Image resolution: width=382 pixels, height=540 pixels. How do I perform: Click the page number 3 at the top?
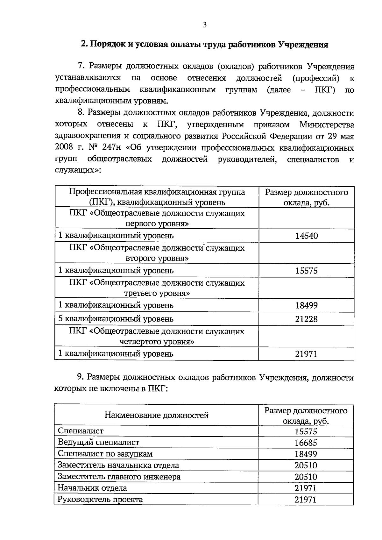pyautogui.click(x=205, y=25)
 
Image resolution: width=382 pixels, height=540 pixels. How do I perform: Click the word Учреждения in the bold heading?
pyautogui.click(x=303, y=45)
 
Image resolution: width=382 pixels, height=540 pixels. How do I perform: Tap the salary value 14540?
pyautogui.click(x=306, y=236)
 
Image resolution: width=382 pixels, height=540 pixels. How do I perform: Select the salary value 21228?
pyautogui.click(x=306, y=319)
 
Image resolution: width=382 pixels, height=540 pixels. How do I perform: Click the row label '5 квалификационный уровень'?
pyautogui.click(x=116, y=319)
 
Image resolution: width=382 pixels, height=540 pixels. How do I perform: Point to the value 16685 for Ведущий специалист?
pyautogui.click(x=306, y=443)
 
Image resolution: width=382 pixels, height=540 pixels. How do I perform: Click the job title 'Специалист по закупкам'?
pyautogui.click(x=105, y=454)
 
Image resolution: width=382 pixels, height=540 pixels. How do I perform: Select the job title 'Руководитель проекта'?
pyautogui.click(x=100, y=499)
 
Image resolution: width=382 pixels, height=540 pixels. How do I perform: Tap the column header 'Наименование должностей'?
pyautogui.click(x=157, y=415)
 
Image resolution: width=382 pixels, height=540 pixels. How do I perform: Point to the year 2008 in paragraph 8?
pyautogui.click(x=64, y=148)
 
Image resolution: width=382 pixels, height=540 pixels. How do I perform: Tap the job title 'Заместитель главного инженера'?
pyautogui.click(x=119, y=477)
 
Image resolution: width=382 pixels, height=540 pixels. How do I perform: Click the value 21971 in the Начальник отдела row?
pyautogui.click(x=306, y=488)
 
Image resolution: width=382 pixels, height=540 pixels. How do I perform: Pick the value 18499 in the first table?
pyautogui.click(x=306, y=306)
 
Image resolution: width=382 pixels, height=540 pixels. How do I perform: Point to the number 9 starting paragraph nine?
pyautogui.click(x=80, y=377)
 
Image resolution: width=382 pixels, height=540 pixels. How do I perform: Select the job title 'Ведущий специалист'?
pyautogui.click(x=98, y=442)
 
